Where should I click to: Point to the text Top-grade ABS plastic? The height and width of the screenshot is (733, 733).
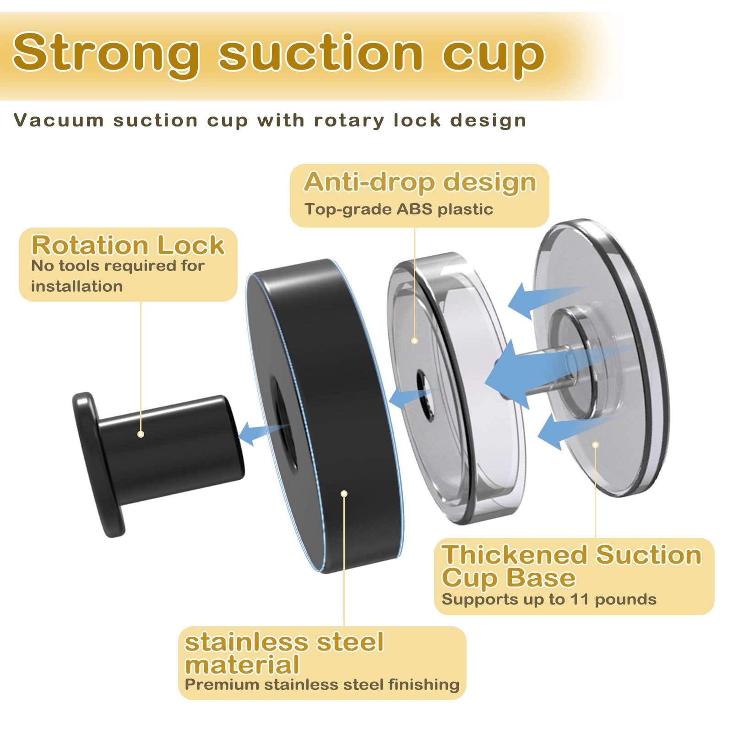399,209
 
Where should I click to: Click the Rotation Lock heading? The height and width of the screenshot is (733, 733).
128,245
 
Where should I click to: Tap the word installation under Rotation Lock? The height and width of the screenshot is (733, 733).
77,287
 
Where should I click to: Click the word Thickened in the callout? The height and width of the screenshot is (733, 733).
515,554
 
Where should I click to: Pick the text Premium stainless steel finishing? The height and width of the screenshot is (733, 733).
322,684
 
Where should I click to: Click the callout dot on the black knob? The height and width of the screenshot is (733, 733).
141,434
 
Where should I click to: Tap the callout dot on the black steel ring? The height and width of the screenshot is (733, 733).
344,493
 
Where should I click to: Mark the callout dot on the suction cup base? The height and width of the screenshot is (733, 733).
595,444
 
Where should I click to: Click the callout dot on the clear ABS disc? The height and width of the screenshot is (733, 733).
414,341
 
